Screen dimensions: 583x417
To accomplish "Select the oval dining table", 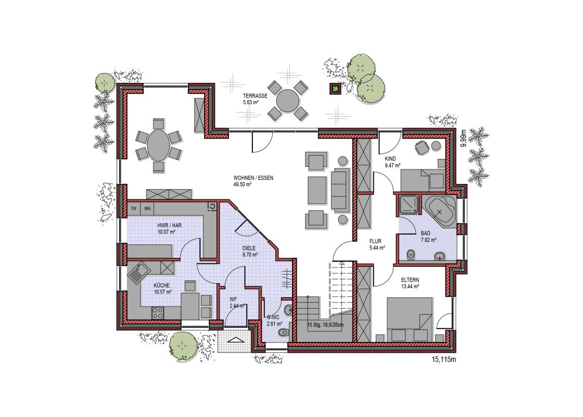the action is [159, 145].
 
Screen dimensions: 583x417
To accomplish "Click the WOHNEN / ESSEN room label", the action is [253, 178].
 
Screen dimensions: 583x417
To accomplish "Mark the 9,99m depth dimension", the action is [463, 139].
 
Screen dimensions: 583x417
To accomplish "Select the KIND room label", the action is [390, 159].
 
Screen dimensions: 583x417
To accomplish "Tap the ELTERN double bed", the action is [409, 319].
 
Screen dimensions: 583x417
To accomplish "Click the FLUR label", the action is [375, 241].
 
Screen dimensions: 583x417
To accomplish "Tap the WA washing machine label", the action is [148, 208].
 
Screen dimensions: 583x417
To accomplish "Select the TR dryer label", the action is [134, 208].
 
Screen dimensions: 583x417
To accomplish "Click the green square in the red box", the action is [336, 89].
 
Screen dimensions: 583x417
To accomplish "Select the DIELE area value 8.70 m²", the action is [250, 255].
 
